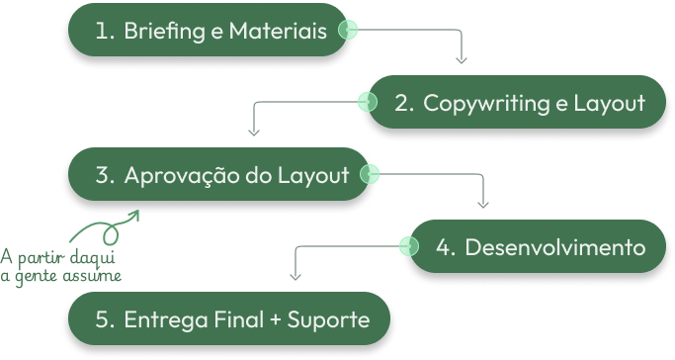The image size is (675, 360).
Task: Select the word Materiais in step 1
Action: pos(278,32)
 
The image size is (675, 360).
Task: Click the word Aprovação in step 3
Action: pos(183,176)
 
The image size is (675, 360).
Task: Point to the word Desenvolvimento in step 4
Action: pos(554,247)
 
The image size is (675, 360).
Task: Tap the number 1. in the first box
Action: pos(106,32)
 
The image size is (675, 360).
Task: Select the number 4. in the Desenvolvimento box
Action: pos(445,247)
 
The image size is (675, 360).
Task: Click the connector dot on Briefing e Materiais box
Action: pos(347,31)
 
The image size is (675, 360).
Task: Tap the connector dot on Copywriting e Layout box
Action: pos(369,102)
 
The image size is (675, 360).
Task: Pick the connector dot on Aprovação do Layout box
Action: pos(370,175)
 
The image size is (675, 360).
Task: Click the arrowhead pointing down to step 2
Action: pos(462,60)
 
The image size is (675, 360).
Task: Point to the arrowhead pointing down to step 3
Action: pos(254,132)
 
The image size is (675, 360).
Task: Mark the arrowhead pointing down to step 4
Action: pos(483,204)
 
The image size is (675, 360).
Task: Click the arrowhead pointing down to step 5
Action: pos(295,276)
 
